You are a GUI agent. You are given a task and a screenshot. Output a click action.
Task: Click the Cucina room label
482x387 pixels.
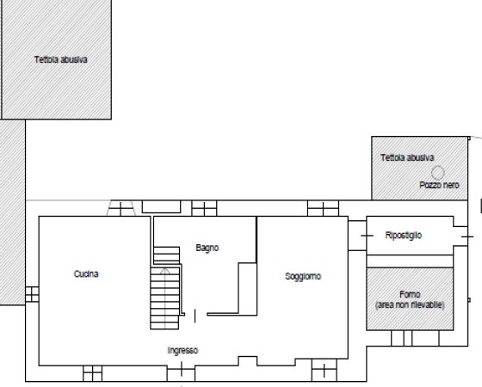[85, 274]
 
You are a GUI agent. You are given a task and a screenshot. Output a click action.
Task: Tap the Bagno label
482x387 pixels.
[207, 248]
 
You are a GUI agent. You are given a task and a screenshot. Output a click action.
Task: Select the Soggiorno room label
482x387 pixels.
[303, 276]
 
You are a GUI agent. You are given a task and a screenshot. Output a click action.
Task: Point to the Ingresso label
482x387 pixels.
[183, 350]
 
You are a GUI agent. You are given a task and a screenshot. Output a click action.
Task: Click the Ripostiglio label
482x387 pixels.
[403, 235]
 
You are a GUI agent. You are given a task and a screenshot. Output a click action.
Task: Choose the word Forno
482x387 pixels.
[410, 294]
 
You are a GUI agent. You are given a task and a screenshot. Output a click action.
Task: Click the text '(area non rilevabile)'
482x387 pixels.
[410, 305]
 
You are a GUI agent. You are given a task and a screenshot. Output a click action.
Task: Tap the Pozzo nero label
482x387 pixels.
[439, 185]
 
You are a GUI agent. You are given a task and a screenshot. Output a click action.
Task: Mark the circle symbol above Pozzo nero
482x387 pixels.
[438, 172]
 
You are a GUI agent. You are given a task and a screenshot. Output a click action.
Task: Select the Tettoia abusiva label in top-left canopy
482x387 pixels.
[61, 60]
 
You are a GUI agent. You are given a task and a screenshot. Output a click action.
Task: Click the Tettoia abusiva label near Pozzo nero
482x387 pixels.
[406, 157]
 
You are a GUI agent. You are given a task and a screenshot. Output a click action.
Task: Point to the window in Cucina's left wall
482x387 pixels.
[32, 294]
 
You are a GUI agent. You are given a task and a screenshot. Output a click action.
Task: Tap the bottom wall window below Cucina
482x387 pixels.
[92, 372]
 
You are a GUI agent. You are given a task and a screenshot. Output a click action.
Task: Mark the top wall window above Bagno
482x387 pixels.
[204, 208]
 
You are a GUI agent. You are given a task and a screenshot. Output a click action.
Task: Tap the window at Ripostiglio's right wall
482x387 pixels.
[467, 235]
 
